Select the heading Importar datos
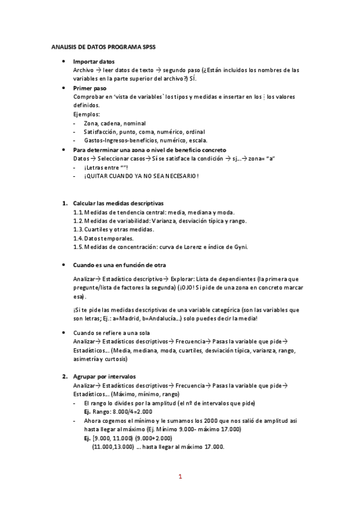click(93, 62)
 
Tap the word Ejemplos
click(87, 114)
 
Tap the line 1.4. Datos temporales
click(103, 238)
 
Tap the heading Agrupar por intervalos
click(105, 376)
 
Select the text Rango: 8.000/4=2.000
click(118, 412)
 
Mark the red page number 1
click(180, 477)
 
